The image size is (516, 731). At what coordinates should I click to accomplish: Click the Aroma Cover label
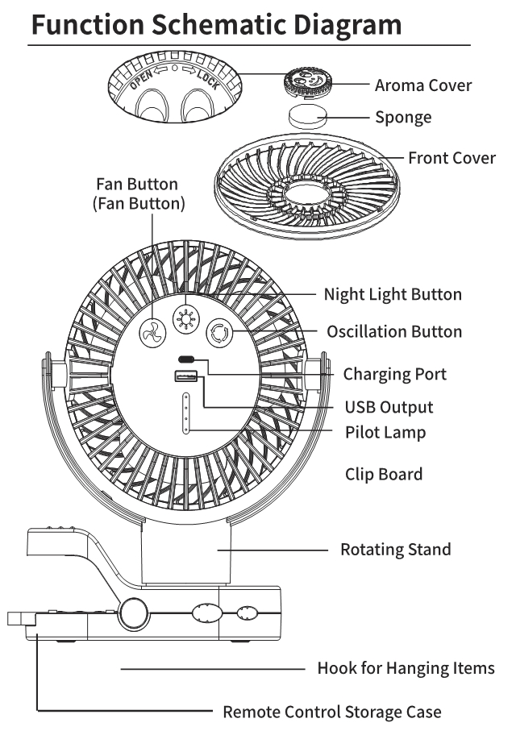pos(422,85)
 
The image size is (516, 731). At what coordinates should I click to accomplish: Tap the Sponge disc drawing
pos(306,116)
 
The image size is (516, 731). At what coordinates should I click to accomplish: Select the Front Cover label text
pos(451,158)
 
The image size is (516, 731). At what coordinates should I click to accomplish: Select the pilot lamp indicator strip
pos(185,413)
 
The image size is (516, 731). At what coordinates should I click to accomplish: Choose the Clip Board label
pos(383,474)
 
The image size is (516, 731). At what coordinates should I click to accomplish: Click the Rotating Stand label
pos(395,550)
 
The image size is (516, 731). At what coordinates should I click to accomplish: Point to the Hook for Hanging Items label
pos(406,669)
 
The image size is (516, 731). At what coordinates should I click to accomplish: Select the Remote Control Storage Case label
pos(331,712)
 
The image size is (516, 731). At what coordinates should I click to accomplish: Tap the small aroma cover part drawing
pos(306,83)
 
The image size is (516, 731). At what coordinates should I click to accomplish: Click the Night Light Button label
pos(393,295)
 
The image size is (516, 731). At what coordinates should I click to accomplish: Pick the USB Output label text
pos(389,408)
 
